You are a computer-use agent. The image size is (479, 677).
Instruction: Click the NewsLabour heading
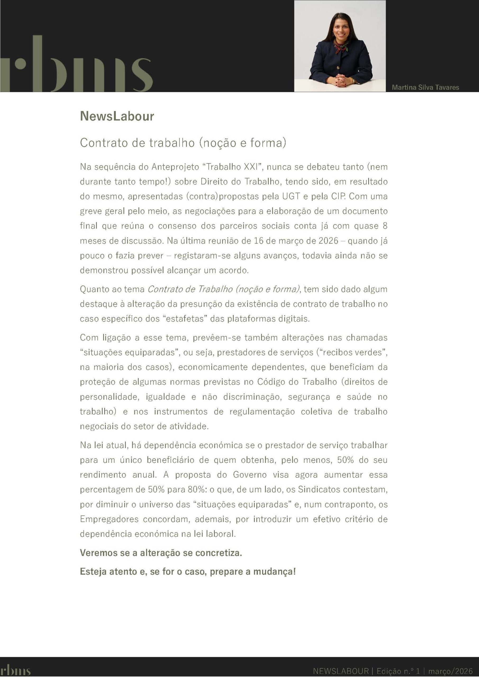click(117, 116)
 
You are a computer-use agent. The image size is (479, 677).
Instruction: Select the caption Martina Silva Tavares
click(425, 87)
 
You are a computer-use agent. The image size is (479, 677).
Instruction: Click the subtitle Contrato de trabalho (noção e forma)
click(183, 143)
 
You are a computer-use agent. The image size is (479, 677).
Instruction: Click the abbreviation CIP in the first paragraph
click(338, 196)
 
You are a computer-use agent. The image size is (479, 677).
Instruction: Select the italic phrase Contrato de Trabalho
click(190, 289)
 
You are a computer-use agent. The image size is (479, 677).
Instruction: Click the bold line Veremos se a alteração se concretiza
click(161, 552)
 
